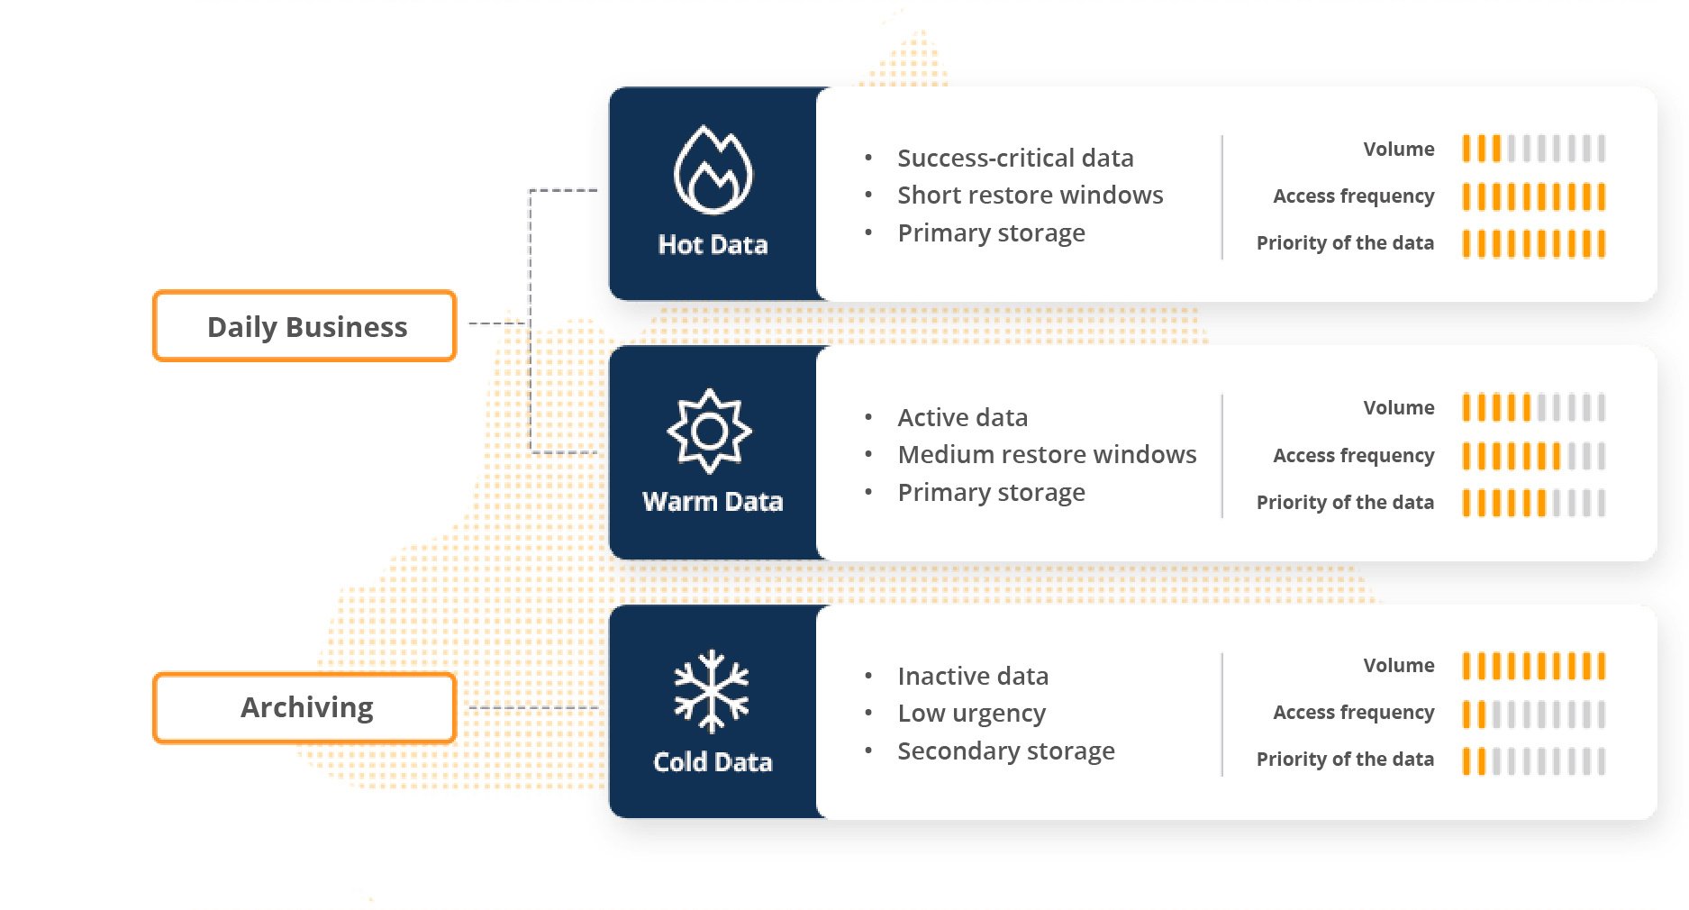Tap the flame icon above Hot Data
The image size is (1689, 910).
tap(713, 170)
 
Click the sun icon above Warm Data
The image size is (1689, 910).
tap(710, 431)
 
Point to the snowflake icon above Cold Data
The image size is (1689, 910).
tap(712, 690)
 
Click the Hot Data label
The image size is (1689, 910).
tap(713, 245)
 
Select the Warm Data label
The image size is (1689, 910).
tap(713, 502)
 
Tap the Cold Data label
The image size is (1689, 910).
tap(713, 762)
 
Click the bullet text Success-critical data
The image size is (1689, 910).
tap(1015, 158)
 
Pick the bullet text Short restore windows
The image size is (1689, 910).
tap(1030, 195)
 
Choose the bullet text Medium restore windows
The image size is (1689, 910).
tap(1047, 454)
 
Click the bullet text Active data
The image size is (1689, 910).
tap(962, 417)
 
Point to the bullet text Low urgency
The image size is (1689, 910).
tap(971, 714)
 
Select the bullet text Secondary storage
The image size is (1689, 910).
tap(1005, 751)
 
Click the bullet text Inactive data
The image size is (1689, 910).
tap(973, 676)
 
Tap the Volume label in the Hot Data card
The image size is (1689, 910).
tap(1398, 149)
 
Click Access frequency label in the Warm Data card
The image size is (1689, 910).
tap(1353, 455)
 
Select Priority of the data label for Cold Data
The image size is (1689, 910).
tap(1345, 759)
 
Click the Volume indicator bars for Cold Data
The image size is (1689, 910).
tap(1533, 666)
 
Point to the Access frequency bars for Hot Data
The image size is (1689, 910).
tap(1533, 196)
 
